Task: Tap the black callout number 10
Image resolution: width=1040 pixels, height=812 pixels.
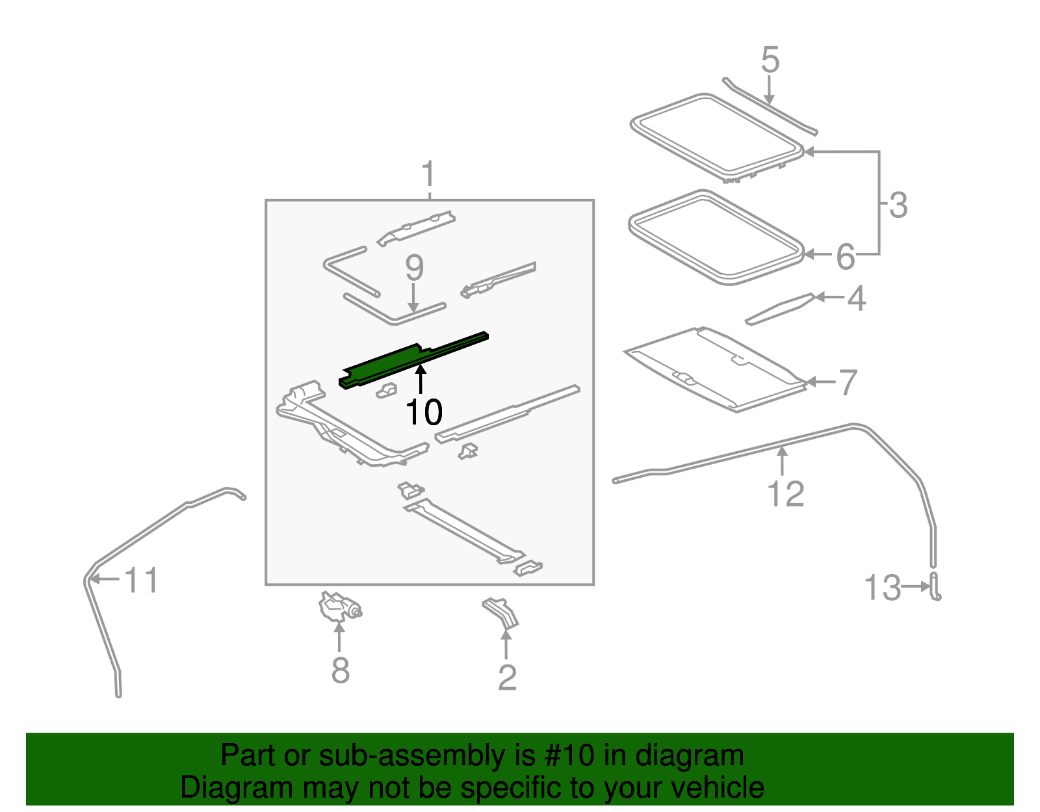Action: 424,412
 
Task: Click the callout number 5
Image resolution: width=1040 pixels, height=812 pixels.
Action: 770,60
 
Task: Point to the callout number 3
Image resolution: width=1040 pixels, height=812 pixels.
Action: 898,205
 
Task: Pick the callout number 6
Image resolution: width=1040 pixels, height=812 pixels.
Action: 846,257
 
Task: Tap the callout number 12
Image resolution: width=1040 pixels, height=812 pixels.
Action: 785,494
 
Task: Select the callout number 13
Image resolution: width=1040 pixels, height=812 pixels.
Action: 883,588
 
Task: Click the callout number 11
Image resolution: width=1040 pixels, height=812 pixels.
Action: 141,581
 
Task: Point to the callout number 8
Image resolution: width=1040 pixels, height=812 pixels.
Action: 341,670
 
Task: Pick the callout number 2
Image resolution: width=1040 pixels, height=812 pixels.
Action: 507,677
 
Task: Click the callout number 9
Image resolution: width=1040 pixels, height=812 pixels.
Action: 415,268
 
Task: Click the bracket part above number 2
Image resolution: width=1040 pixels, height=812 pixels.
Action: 500,613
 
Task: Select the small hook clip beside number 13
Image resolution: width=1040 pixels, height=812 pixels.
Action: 935,586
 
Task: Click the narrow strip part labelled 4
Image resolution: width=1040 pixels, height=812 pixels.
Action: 780,309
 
